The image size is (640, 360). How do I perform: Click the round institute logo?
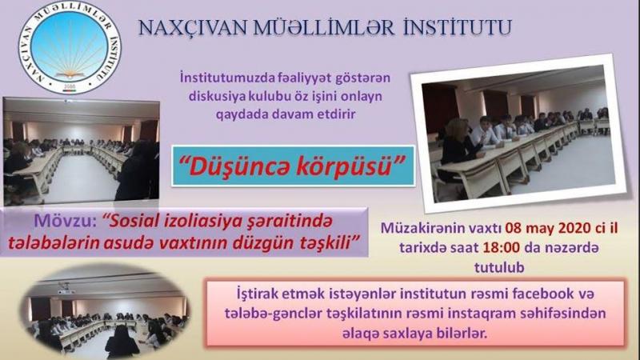tap(70, 47)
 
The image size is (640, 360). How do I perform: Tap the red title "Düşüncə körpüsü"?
tap(292, 166)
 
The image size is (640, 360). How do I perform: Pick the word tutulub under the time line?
tap(499, 267)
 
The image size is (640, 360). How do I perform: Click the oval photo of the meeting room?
tap(105, 311)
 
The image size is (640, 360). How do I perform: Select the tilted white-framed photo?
tap(518, 133)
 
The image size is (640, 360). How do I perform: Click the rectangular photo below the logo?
tap(81, 151)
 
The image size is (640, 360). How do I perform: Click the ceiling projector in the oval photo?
tap(66, 289)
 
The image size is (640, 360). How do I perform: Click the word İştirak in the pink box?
tap(257, 294)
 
